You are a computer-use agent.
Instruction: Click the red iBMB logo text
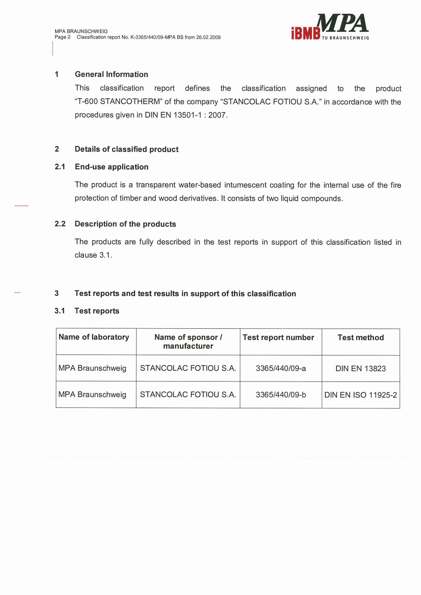[x=306, y=33]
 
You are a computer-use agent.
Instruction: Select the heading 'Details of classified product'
[x=127, y=149]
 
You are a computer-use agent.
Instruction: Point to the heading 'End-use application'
[x=112, y=167]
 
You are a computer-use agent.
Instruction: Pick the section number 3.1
[x=60, y=311]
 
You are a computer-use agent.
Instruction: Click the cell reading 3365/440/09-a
[x=281, y=368]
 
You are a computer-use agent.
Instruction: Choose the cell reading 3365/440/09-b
[x=281, y=395]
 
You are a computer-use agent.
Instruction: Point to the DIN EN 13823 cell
[x=361, y=369]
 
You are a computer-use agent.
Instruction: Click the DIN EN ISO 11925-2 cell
[x=361, y=395]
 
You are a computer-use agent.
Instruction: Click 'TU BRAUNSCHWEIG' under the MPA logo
[x=345, y=38]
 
